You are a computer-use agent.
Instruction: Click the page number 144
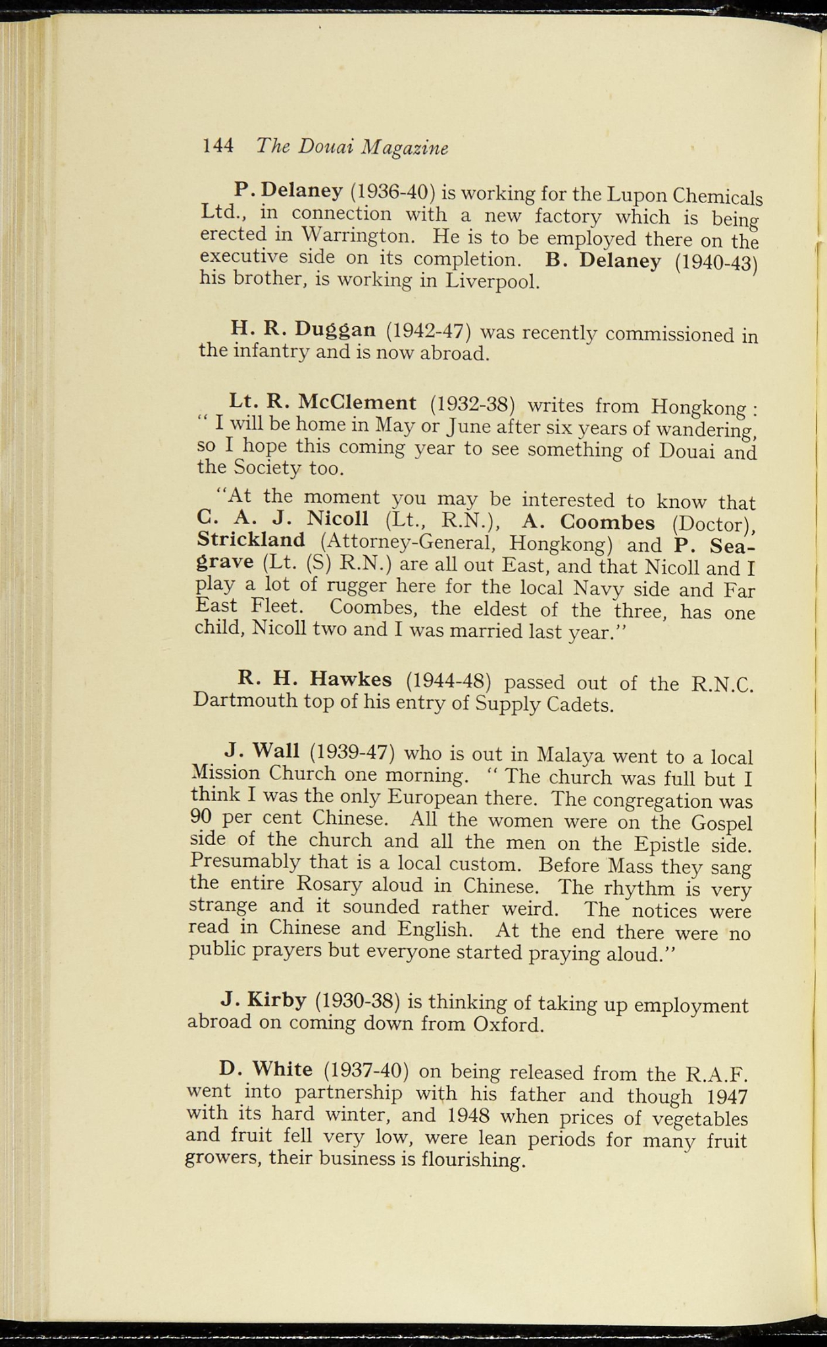218,145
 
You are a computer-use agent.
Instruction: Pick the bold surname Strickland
251,540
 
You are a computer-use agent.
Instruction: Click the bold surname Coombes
607,522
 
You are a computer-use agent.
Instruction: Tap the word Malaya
569,753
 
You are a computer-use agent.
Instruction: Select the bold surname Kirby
277,1000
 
